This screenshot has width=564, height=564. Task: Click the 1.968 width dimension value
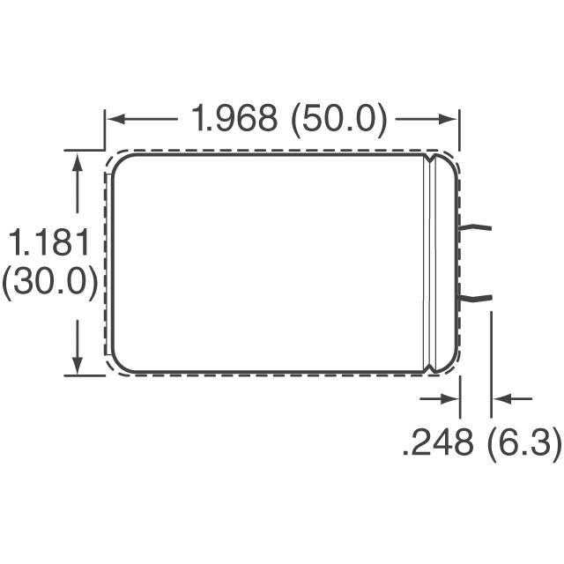tap(234, 119)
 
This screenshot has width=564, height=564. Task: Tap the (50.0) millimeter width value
tap(337, 119)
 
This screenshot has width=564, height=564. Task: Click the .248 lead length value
tap(437, 444)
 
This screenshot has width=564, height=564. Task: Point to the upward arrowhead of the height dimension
tap(79, 161)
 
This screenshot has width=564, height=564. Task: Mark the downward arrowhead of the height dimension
tap(79, 364)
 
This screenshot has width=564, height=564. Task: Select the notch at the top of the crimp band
tap(431, 160)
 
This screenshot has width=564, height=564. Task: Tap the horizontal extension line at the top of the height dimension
tap(83, 150)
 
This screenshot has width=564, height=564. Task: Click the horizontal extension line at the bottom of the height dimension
tap(83, 375)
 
